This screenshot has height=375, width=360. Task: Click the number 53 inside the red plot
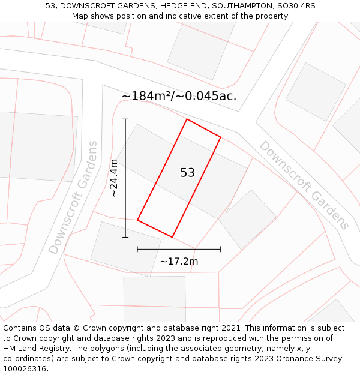[x=188, y=173]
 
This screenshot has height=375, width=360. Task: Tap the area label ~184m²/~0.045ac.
[x=179, y=96]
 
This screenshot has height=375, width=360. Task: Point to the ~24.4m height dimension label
[x=114, y=178]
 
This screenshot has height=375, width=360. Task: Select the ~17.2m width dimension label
[x=179, y=261]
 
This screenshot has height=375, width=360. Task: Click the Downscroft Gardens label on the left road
[x=73, y=197]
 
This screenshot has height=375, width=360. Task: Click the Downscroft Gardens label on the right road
[x=304, y=185]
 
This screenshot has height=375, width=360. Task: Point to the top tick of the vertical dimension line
[x=125, y=119]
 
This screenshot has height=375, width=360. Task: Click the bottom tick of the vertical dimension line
[x=125, y=237]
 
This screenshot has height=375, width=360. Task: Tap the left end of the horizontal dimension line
[x=137, y=249]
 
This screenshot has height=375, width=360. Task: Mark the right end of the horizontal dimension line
[x=221, y=249]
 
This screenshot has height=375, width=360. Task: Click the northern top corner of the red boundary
[x=187, y=119]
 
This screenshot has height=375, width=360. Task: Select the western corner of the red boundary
[x=137, y=220]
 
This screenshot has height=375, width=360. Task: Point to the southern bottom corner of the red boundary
[x=172, y=237]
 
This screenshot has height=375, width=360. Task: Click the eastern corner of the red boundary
[x=220, y=137]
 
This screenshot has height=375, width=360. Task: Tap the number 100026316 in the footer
[x=25, y=369]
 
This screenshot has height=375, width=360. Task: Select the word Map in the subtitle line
[x=81, y=16]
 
